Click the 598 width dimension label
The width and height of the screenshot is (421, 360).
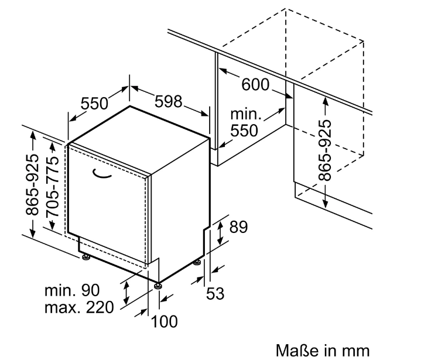point(169,101)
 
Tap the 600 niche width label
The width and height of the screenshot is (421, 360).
point(255,84)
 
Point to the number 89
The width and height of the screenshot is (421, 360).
point(238,227)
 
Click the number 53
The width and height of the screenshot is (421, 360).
point(215,293)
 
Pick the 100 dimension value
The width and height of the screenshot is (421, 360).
point(165,321)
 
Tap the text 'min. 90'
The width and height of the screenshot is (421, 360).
point(72,290)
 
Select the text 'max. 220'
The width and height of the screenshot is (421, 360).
point(79,307)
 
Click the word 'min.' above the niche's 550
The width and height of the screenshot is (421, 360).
point(246,114)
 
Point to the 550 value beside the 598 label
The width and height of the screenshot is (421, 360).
point(94,104)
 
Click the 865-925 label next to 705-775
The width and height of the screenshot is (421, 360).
point(32,185)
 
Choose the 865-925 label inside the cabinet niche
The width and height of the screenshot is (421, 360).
point(324,150)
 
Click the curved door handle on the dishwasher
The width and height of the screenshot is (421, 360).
point(102,174)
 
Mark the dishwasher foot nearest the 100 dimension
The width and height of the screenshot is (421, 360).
point(158,286)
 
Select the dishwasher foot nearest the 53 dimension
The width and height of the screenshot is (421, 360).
point(197,263)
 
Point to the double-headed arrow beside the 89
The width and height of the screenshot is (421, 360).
point(220,232)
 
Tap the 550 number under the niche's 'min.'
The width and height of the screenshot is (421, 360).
point(244,131)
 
